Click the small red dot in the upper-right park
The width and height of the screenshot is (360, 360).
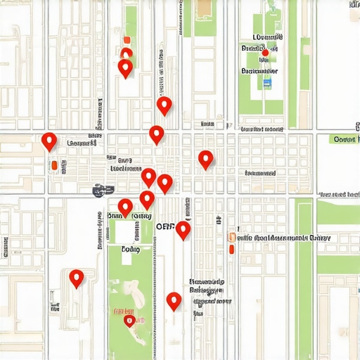[265, 53]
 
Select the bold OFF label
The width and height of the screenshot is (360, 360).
[165, 227]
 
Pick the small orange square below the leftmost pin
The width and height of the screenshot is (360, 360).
[53, 166]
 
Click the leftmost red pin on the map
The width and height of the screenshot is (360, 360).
[49, 141]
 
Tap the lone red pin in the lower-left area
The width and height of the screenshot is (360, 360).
[77, 278]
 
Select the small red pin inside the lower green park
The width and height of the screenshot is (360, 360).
[129, 321]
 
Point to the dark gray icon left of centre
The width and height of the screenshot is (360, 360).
[103, 189]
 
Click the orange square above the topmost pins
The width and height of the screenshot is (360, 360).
[126, 40]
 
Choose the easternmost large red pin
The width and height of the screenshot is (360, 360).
[205, 160]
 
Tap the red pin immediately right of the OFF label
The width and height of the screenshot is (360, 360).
[183, 230]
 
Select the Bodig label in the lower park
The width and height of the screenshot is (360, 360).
[130, 249]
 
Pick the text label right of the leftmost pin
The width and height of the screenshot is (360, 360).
[81, 143]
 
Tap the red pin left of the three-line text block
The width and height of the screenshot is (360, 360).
[174, 302]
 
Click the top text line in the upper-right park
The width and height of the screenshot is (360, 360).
[267, 37]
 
